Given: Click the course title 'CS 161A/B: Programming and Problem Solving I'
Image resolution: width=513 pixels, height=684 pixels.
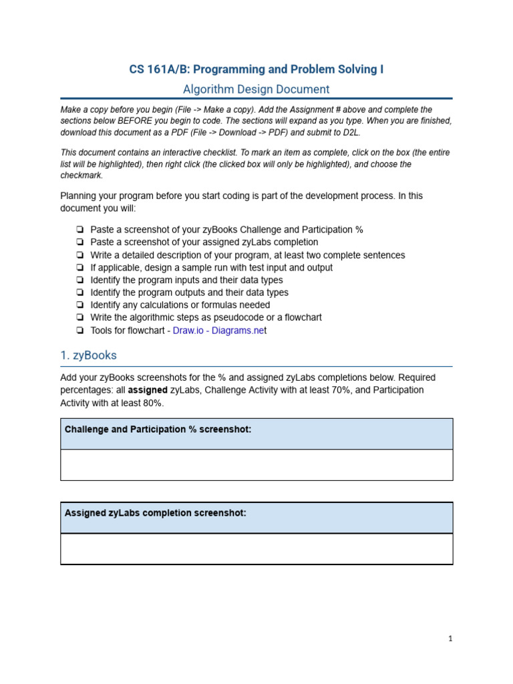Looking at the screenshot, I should click(x=256, y=69).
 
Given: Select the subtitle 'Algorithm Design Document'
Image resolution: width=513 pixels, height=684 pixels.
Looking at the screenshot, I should click(x=256, y=89).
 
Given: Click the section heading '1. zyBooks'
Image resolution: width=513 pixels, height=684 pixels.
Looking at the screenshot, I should click(x=88, y=355).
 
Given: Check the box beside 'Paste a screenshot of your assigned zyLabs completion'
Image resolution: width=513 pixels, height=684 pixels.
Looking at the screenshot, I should click(x=79, y=242).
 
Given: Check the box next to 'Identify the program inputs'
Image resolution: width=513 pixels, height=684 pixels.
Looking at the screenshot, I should click(x=79, y=281).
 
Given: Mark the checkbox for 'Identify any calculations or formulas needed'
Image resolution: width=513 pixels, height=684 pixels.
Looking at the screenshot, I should click(x=79, y=305).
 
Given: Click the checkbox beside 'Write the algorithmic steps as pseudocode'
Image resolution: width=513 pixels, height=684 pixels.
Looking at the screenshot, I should click(x=79, y=318).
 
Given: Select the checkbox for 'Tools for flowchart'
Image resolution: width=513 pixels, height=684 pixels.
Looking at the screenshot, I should click(x=79, y=331).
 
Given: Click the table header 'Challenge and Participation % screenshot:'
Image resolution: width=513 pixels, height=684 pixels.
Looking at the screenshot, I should click(x=158, y=430).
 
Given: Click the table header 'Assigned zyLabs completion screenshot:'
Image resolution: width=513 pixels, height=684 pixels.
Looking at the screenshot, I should click(x=155, y=513).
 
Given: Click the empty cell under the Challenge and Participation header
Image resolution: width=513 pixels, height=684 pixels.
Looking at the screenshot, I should click(x=256, y=465).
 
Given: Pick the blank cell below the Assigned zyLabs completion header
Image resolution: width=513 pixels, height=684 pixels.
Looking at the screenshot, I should click(x=256, y=549).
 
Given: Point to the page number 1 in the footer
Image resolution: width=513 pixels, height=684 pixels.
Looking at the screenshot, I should click(x=451, y=639).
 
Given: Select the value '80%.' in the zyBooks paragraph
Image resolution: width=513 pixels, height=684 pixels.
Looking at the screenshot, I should click(x=151, y=403).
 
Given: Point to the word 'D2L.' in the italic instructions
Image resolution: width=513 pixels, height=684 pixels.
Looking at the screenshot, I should click(x=349, y=132).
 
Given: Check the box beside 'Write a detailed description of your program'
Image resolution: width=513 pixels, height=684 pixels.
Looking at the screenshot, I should click(x=79, y=255).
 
